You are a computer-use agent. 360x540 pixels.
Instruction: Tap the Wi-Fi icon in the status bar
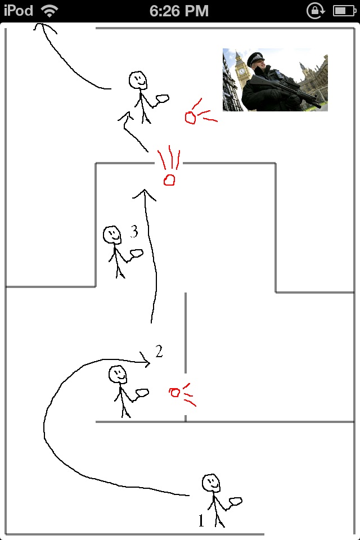pyautogui.click(x=49, y=10)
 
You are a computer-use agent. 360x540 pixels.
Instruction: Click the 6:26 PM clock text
pyautogui.click(x=179, y=10)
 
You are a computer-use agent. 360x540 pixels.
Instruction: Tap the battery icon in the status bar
pyautogui.click(x=344, y=10)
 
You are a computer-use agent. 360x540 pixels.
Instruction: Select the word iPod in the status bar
pyautogui.click(x=18, y=10)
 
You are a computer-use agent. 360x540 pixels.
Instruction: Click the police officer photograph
pyautogui.click(x=275, y=79)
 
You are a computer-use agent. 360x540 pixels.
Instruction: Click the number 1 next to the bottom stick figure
pyautogui.click(x=201, y=521)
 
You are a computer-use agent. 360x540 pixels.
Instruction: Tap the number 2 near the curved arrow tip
pyautogui.click(x=159, y=352)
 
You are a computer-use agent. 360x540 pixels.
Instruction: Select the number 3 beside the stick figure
pyautogui.click(x=134, y=231)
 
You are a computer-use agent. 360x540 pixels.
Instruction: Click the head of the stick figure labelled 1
pyautogui.click(x=211, y=482)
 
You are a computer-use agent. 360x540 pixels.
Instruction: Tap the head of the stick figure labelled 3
pyautogui.click(x=112, y=234)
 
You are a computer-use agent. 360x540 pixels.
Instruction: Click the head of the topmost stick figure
pyautogui.click(x=138, y=80)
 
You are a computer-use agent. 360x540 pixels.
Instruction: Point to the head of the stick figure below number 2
pyautogui.click(x=117, y=374)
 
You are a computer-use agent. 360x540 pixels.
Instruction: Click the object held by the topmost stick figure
pyautogui.click(x=163, y=98)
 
